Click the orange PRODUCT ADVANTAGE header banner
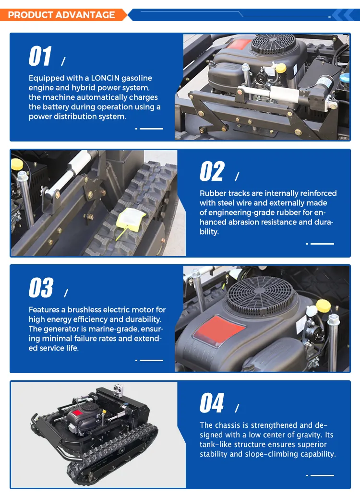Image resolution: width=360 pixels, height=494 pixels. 63,15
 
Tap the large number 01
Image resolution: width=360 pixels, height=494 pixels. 40,56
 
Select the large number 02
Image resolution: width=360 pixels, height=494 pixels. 212,171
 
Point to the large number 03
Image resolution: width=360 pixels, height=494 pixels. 41,288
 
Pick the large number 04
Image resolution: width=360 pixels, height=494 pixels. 212,403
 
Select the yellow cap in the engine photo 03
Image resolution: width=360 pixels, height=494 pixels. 324,306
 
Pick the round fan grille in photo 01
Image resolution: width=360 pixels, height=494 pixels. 273,45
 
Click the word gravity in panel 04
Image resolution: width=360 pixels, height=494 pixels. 310,435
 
